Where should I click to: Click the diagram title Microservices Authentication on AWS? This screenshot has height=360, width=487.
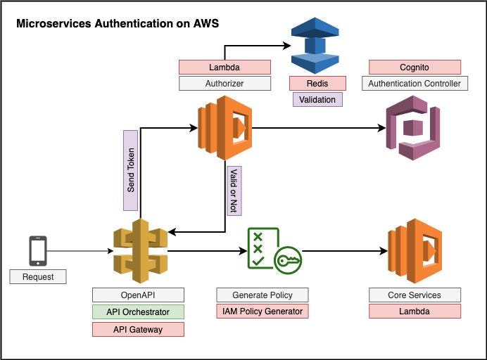tap(118, 24)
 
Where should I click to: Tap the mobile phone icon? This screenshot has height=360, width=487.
tap(38, 251)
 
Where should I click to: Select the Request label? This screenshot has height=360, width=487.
tap(38, 276)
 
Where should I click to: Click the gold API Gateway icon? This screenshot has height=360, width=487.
tap(140, 250)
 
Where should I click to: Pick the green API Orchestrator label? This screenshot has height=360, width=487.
tap(138, 312)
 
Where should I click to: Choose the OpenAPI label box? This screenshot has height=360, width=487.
tap(138, 295)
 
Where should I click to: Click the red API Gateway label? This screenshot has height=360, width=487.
tap(138, 329)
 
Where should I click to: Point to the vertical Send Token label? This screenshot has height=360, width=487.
tap(130, 170)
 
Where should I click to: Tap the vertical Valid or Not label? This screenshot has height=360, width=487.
tap(234, 190)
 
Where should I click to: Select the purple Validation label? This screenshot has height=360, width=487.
tap(317, 100)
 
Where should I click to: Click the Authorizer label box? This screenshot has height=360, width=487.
tap(224, 84)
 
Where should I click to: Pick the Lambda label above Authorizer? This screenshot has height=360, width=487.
tap(224, 67)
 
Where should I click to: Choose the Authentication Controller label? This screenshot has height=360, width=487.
tap(415, 84)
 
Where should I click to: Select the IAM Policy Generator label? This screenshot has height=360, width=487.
tap(263, 311)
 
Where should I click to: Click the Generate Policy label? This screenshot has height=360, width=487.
tap(263, 295)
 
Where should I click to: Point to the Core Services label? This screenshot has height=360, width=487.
tap(415, 295)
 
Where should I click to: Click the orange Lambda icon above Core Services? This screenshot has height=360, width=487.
tap(415, 250)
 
